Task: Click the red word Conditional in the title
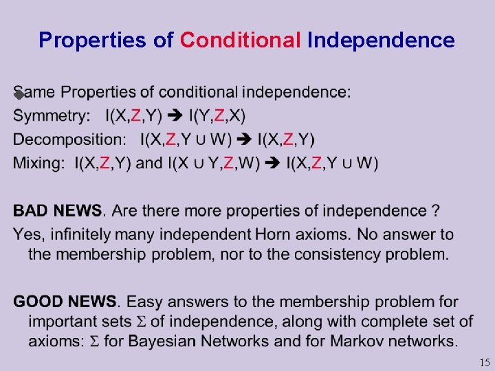pyautogui.click(x=240, y=41)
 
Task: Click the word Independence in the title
pyautogui.click(x=381, y=41)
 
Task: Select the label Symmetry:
pyautogui.click(x=52, y=115)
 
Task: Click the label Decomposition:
pyautogui.click(x=69, y=139)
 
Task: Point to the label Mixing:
pyautogui.click(x=38, y=164)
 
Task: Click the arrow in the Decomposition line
pyautogui.click(x=244, y=139)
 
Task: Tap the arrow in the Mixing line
pyautogui.click(x=272, y=164)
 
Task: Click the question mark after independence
pyautogui.click(x=436, y=210)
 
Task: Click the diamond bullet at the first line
pyautogui.click(x=19, y=95)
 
